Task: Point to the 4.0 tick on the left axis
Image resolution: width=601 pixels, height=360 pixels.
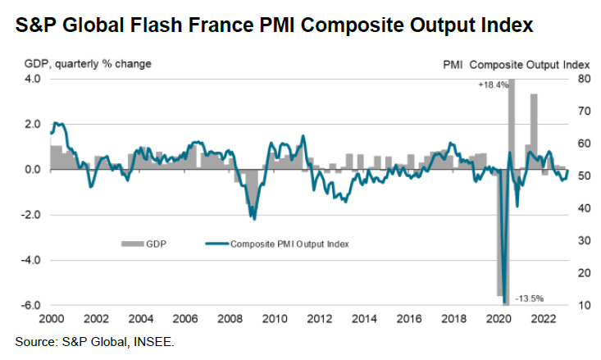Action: pyautogui.click(x=32, y=80)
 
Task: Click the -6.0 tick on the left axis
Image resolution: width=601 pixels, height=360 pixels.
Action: pyautogui.click(x=30, y=305)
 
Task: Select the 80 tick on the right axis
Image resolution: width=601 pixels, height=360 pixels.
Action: pyautogui.click(x=583, y=80)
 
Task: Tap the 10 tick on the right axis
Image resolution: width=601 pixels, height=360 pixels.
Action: pyautogui.click(x=582, y=305)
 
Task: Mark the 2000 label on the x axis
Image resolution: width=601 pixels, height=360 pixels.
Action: pyautogui.click(x=51, y=318)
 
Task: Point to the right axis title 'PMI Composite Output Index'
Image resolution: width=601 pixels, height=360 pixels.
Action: pyautogui.click(x=517, y=63)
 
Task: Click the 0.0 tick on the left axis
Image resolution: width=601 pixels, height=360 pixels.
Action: pyautogui.click(x=32, y=170)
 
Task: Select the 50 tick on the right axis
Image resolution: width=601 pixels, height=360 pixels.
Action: pyautogui.click(x=583, y=176)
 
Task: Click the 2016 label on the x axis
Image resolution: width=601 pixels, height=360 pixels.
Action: pyautogui.click(x=408, y=318)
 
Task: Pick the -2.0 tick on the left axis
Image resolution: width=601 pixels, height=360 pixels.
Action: pyautogui.click(x=30, y=215)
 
